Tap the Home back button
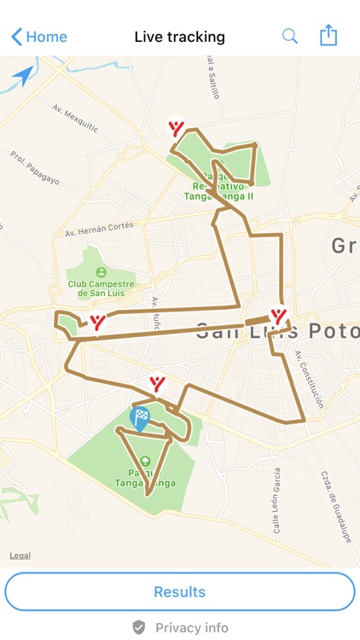coord(39,37)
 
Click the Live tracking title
coord(180,37)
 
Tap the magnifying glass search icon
coord(290,36)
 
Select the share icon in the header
coord(328,35)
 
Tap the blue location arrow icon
coord(24,76)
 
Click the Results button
coord(180,591)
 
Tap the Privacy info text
coord(192,627)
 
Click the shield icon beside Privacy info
coord(139,627)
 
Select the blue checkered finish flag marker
coord(139,417)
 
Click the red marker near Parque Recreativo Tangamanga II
coord(176,129)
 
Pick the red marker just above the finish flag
coord(157,383)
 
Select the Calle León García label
coord(277,500)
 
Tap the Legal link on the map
coord(20,556)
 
